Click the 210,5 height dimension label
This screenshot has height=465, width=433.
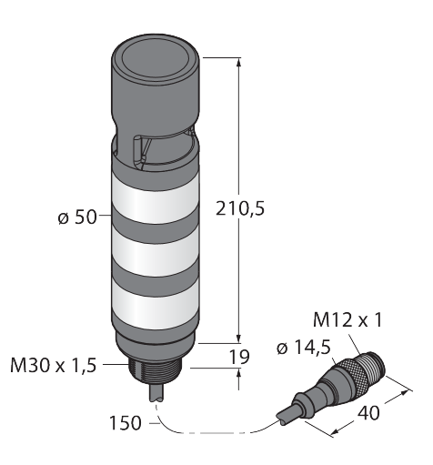[240, 208]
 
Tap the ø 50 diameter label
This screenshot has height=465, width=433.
[77, 217]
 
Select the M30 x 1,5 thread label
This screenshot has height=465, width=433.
[54, 365]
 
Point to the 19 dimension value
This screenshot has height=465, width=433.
[239, 357]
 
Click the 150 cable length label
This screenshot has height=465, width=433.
[126, 423]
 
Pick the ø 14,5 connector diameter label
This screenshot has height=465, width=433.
[304, 348]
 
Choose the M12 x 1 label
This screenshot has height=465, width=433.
[347, 320]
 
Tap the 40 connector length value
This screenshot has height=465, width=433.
[368, 413]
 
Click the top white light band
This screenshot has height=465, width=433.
[156, 199]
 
